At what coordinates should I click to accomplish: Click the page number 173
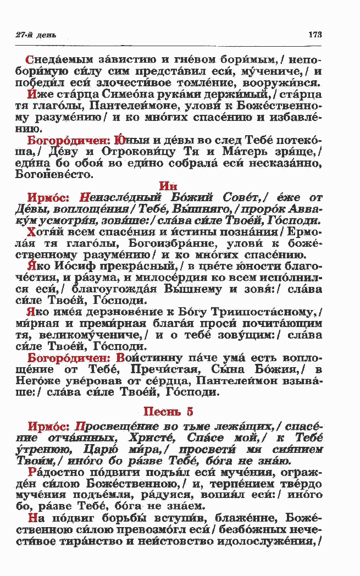314,35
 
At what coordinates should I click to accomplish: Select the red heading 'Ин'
167,186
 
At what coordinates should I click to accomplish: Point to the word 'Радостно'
53,472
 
